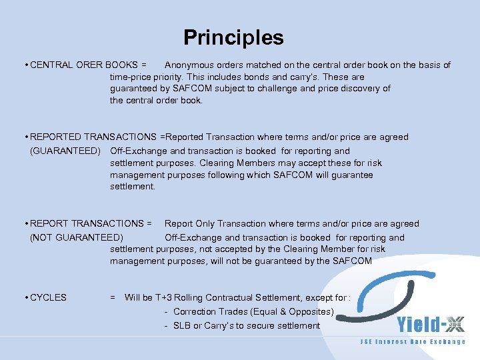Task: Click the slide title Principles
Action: pyautogui.click(x=233, y=37)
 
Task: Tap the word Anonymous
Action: pyautogui.click(x=190, y=65)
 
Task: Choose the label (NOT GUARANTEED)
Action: pyautogui.click(x=77, y=237)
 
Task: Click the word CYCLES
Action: pyautogui.click(x=48, y=297)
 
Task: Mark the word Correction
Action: pyautogui.click(x=195, y=311)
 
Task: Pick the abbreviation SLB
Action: pyautogui.click(x=182, y=325)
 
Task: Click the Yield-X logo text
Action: pyautogui.click(x=430, y=325)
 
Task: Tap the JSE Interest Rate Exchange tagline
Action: pyautogui.click(x=413, y=342)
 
